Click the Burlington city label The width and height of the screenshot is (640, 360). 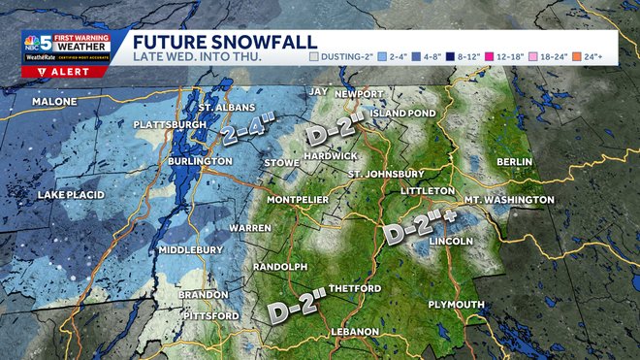tap(198, 161)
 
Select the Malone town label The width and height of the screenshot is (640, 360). tap(54, 102)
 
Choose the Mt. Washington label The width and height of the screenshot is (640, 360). tap(508, 200)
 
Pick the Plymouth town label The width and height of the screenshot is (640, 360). tap(456, 305)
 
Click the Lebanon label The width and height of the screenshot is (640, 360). tap(353, 332)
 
